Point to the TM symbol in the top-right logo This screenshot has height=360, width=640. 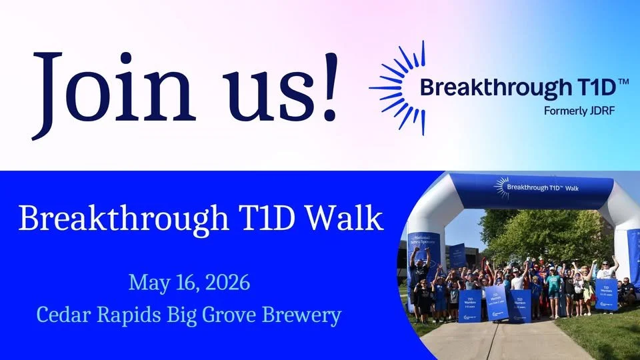click(623, 81)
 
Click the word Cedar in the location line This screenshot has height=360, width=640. click(61, 315)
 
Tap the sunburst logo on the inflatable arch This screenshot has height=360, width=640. click(501, 187)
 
